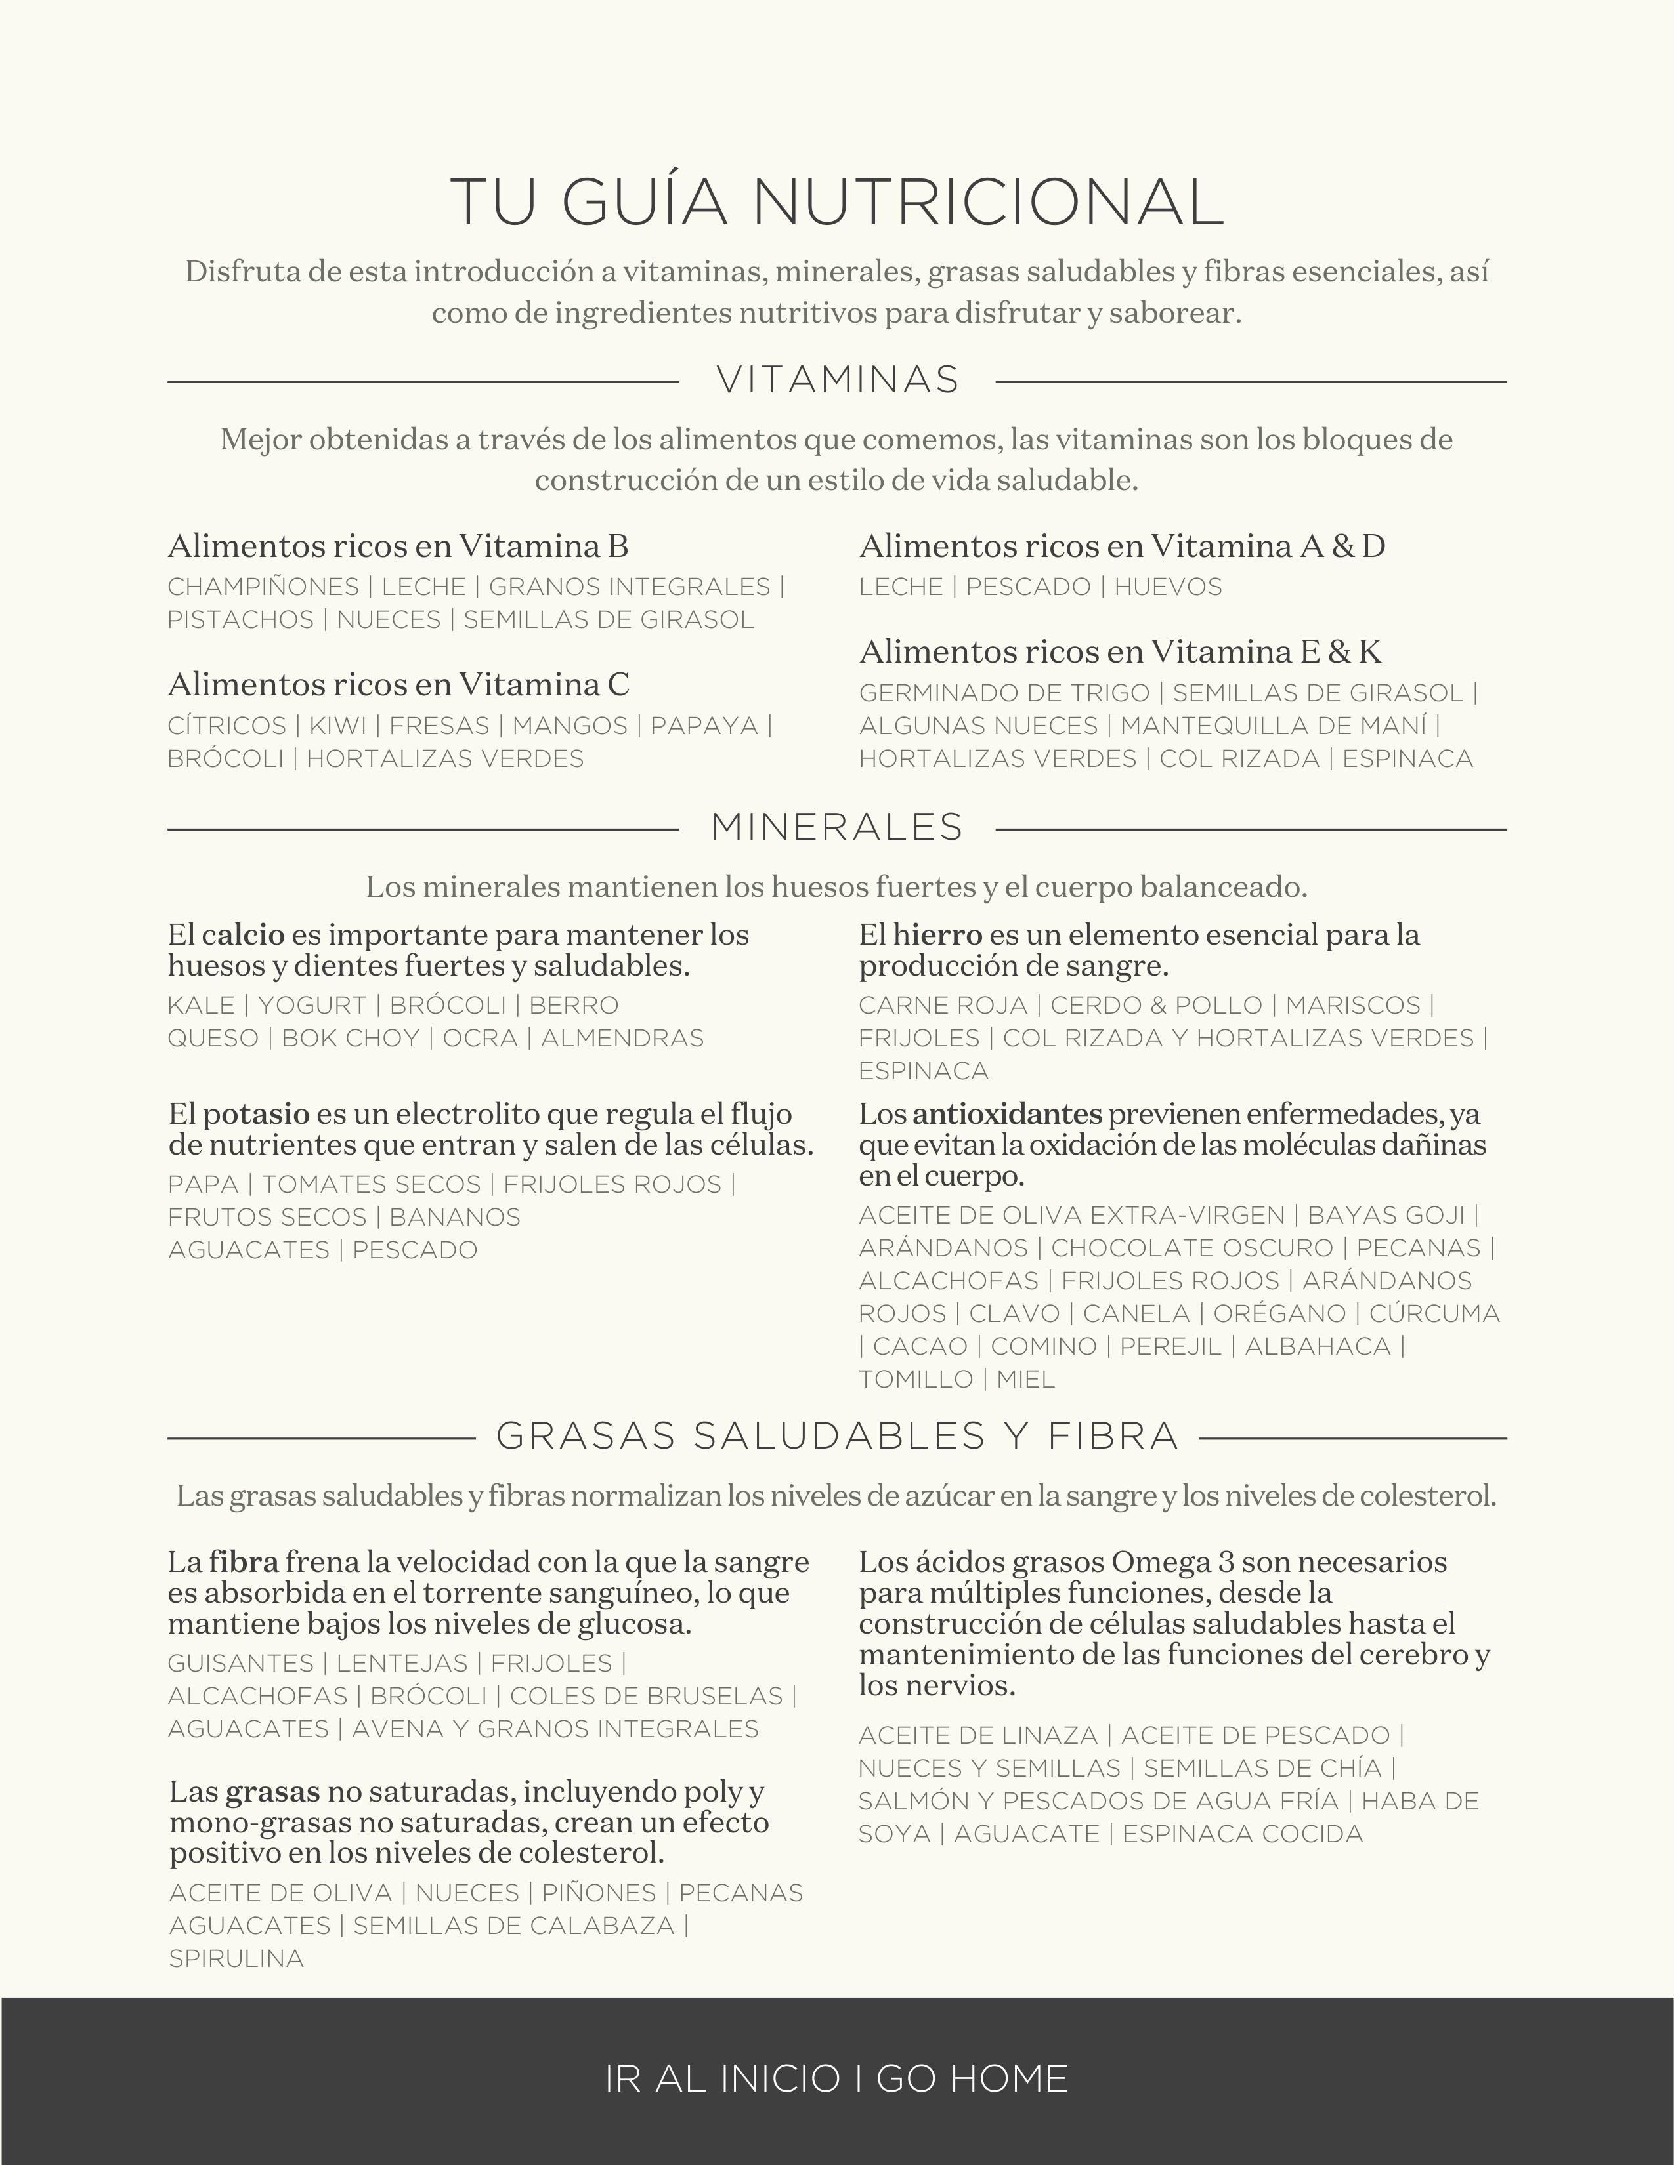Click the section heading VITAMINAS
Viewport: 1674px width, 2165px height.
coord(838,381)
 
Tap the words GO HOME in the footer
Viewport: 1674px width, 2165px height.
coord(971,2078)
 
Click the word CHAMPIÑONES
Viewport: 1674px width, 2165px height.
coord(263,587)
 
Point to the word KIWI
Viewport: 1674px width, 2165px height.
coord(337,726)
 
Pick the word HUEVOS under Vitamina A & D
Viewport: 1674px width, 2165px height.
coord(1169,587)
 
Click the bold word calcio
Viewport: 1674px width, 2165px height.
coord(243,935)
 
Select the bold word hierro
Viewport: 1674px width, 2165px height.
coord(937,935)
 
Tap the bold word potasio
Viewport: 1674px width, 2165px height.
coord(257,1114)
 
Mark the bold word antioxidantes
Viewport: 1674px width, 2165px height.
coord(1006,1114)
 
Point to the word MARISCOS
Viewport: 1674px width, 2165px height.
coord(1354,1005)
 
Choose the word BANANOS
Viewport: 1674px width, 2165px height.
coord(454,1217)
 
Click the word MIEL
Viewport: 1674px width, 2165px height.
coord(1025,1379)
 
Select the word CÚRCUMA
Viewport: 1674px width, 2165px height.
coord(1434,1313)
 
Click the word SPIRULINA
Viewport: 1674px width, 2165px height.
coord(236,1958)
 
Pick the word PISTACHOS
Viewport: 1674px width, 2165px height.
coord(240,619)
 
